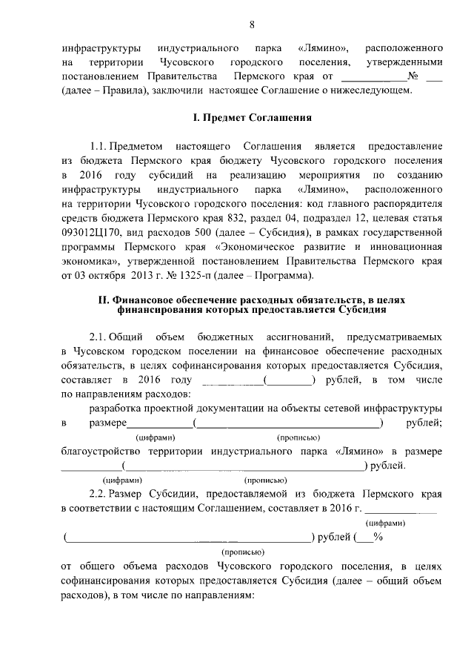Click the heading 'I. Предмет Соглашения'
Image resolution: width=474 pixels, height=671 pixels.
click(x=252, y=117)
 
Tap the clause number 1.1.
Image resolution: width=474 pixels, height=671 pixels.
click(x=100, y=145)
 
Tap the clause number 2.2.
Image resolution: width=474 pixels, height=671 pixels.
click(x=100, y=494)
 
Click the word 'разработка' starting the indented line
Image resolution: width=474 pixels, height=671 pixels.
click(x=113, y=409)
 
